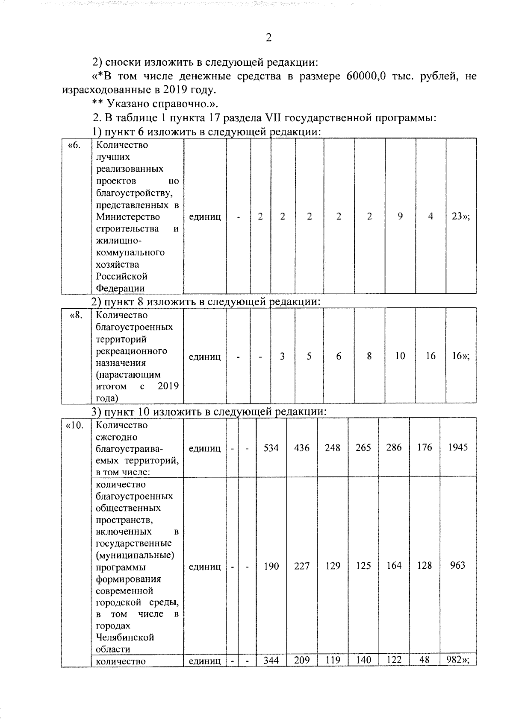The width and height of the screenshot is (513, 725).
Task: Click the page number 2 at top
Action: click(268, 38)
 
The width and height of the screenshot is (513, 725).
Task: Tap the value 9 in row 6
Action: click(400, 216)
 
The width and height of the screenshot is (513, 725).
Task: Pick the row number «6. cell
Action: click(74, 145)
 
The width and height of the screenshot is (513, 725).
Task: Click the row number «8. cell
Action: click(76, 316)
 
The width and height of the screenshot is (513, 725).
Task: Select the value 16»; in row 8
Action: click(460, 356)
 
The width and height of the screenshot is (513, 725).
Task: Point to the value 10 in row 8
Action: click(400, 356)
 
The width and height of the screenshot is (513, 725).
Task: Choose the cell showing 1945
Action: click(458, 447)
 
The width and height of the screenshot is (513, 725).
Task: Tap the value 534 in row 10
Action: click(271, 448)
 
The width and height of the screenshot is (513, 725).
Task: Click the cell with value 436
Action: click(302, 448)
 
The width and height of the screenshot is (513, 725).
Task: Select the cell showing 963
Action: click(457, 566)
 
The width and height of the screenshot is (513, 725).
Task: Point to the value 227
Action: click(302, 566)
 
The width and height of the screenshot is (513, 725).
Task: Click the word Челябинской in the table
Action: click(124, 637)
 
